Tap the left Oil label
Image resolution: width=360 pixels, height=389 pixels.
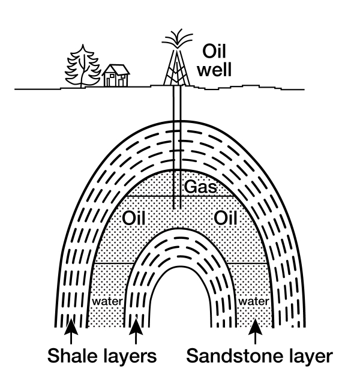[135, 216]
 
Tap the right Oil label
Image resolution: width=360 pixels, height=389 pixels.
[226, 216]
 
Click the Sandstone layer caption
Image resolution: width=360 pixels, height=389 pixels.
[259, 357]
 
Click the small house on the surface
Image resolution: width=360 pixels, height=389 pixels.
[115, 75]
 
